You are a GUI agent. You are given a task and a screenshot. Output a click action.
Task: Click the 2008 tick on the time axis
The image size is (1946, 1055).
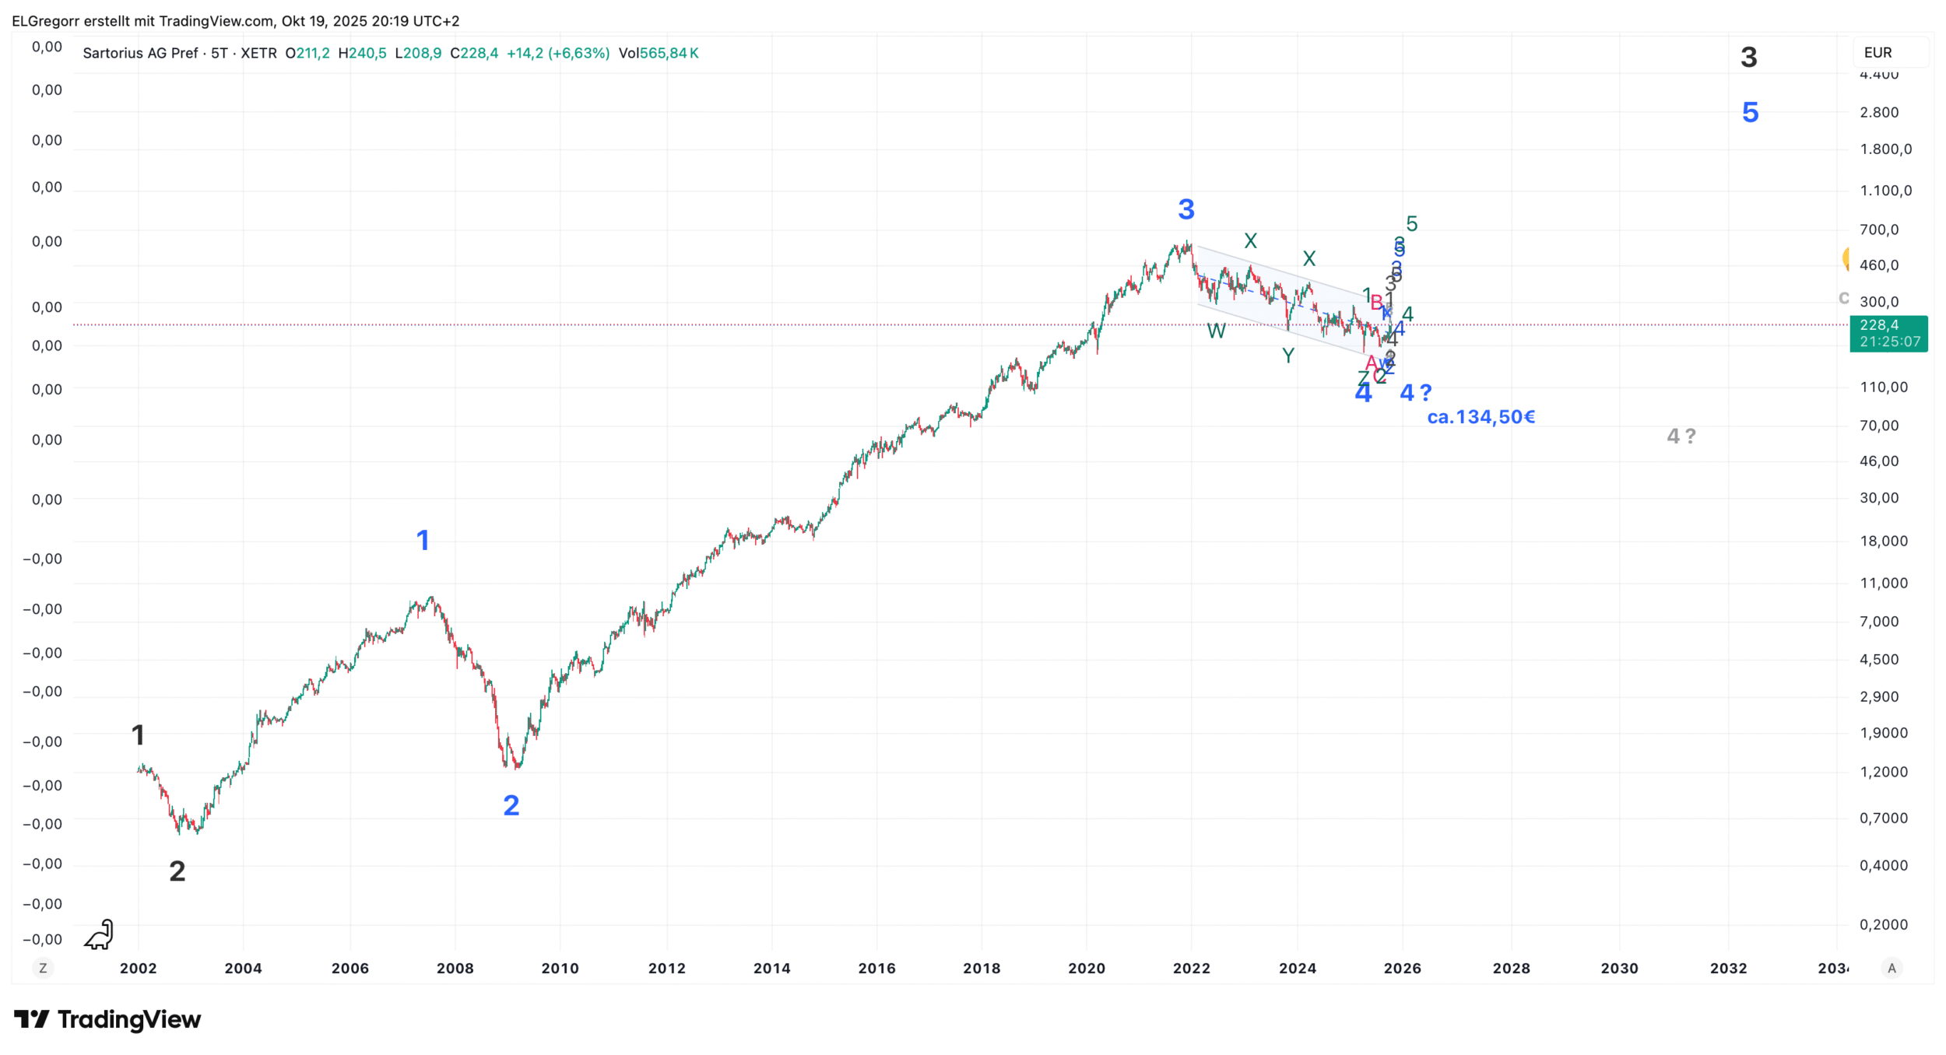pos(455,968)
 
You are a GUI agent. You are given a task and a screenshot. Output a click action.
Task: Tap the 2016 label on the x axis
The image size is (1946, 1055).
pos(876,968)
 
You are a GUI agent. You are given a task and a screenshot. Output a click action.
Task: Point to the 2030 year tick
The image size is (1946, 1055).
pos(1619,968)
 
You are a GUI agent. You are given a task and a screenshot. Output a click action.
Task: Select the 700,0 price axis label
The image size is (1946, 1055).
pos(1879,230)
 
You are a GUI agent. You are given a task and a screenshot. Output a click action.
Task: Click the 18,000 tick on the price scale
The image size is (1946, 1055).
pos(1884,541)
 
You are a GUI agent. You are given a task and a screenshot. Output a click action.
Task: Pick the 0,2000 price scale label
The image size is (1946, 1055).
pos(1884,924)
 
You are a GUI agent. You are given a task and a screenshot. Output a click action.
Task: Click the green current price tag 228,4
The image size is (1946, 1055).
pos(1888,333)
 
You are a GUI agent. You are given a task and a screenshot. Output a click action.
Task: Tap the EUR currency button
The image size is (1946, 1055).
pos(1878,53)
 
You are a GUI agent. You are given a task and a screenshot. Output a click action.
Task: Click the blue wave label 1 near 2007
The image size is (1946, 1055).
pos(423,540)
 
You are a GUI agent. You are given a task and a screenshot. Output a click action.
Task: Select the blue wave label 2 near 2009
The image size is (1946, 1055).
pos(511,805)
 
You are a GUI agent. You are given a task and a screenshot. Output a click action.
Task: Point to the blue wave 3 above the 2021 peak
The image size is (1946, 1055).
pos(1186,209)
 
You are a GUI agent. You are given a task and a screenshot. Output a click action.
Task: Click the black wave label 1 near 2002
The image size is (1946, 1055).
pos(138,734)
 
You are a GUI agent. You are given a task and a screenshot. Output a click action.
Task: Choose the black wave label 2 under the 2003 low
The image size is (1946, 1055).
pos(177,871)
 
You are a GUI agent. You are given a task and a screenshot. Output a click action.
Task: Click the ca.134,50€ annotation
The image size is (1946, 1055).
pos(1481,417)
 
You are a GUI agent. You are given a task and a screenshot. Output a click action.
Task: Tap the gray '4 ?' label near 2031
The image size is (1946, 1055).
pos(1681,436)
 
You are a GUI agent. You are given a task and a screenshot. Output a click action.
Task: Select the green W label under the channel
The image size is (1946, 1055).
pos(1216,331)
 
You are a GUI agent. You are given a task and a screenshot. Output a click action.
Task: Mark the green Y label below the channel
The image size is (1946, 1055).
pos(1288,356)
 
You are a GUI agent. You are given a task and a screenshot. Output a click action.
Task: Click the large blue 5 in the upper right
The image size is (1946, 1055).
pos(1750,113)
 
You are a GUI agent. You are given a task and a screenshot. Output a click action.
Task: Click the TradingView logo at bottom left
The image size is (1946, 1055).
pos(107,1019)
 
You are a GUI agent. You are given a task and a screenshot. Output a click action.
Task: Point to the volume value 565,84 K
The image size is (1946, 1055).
pos(669,53)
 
